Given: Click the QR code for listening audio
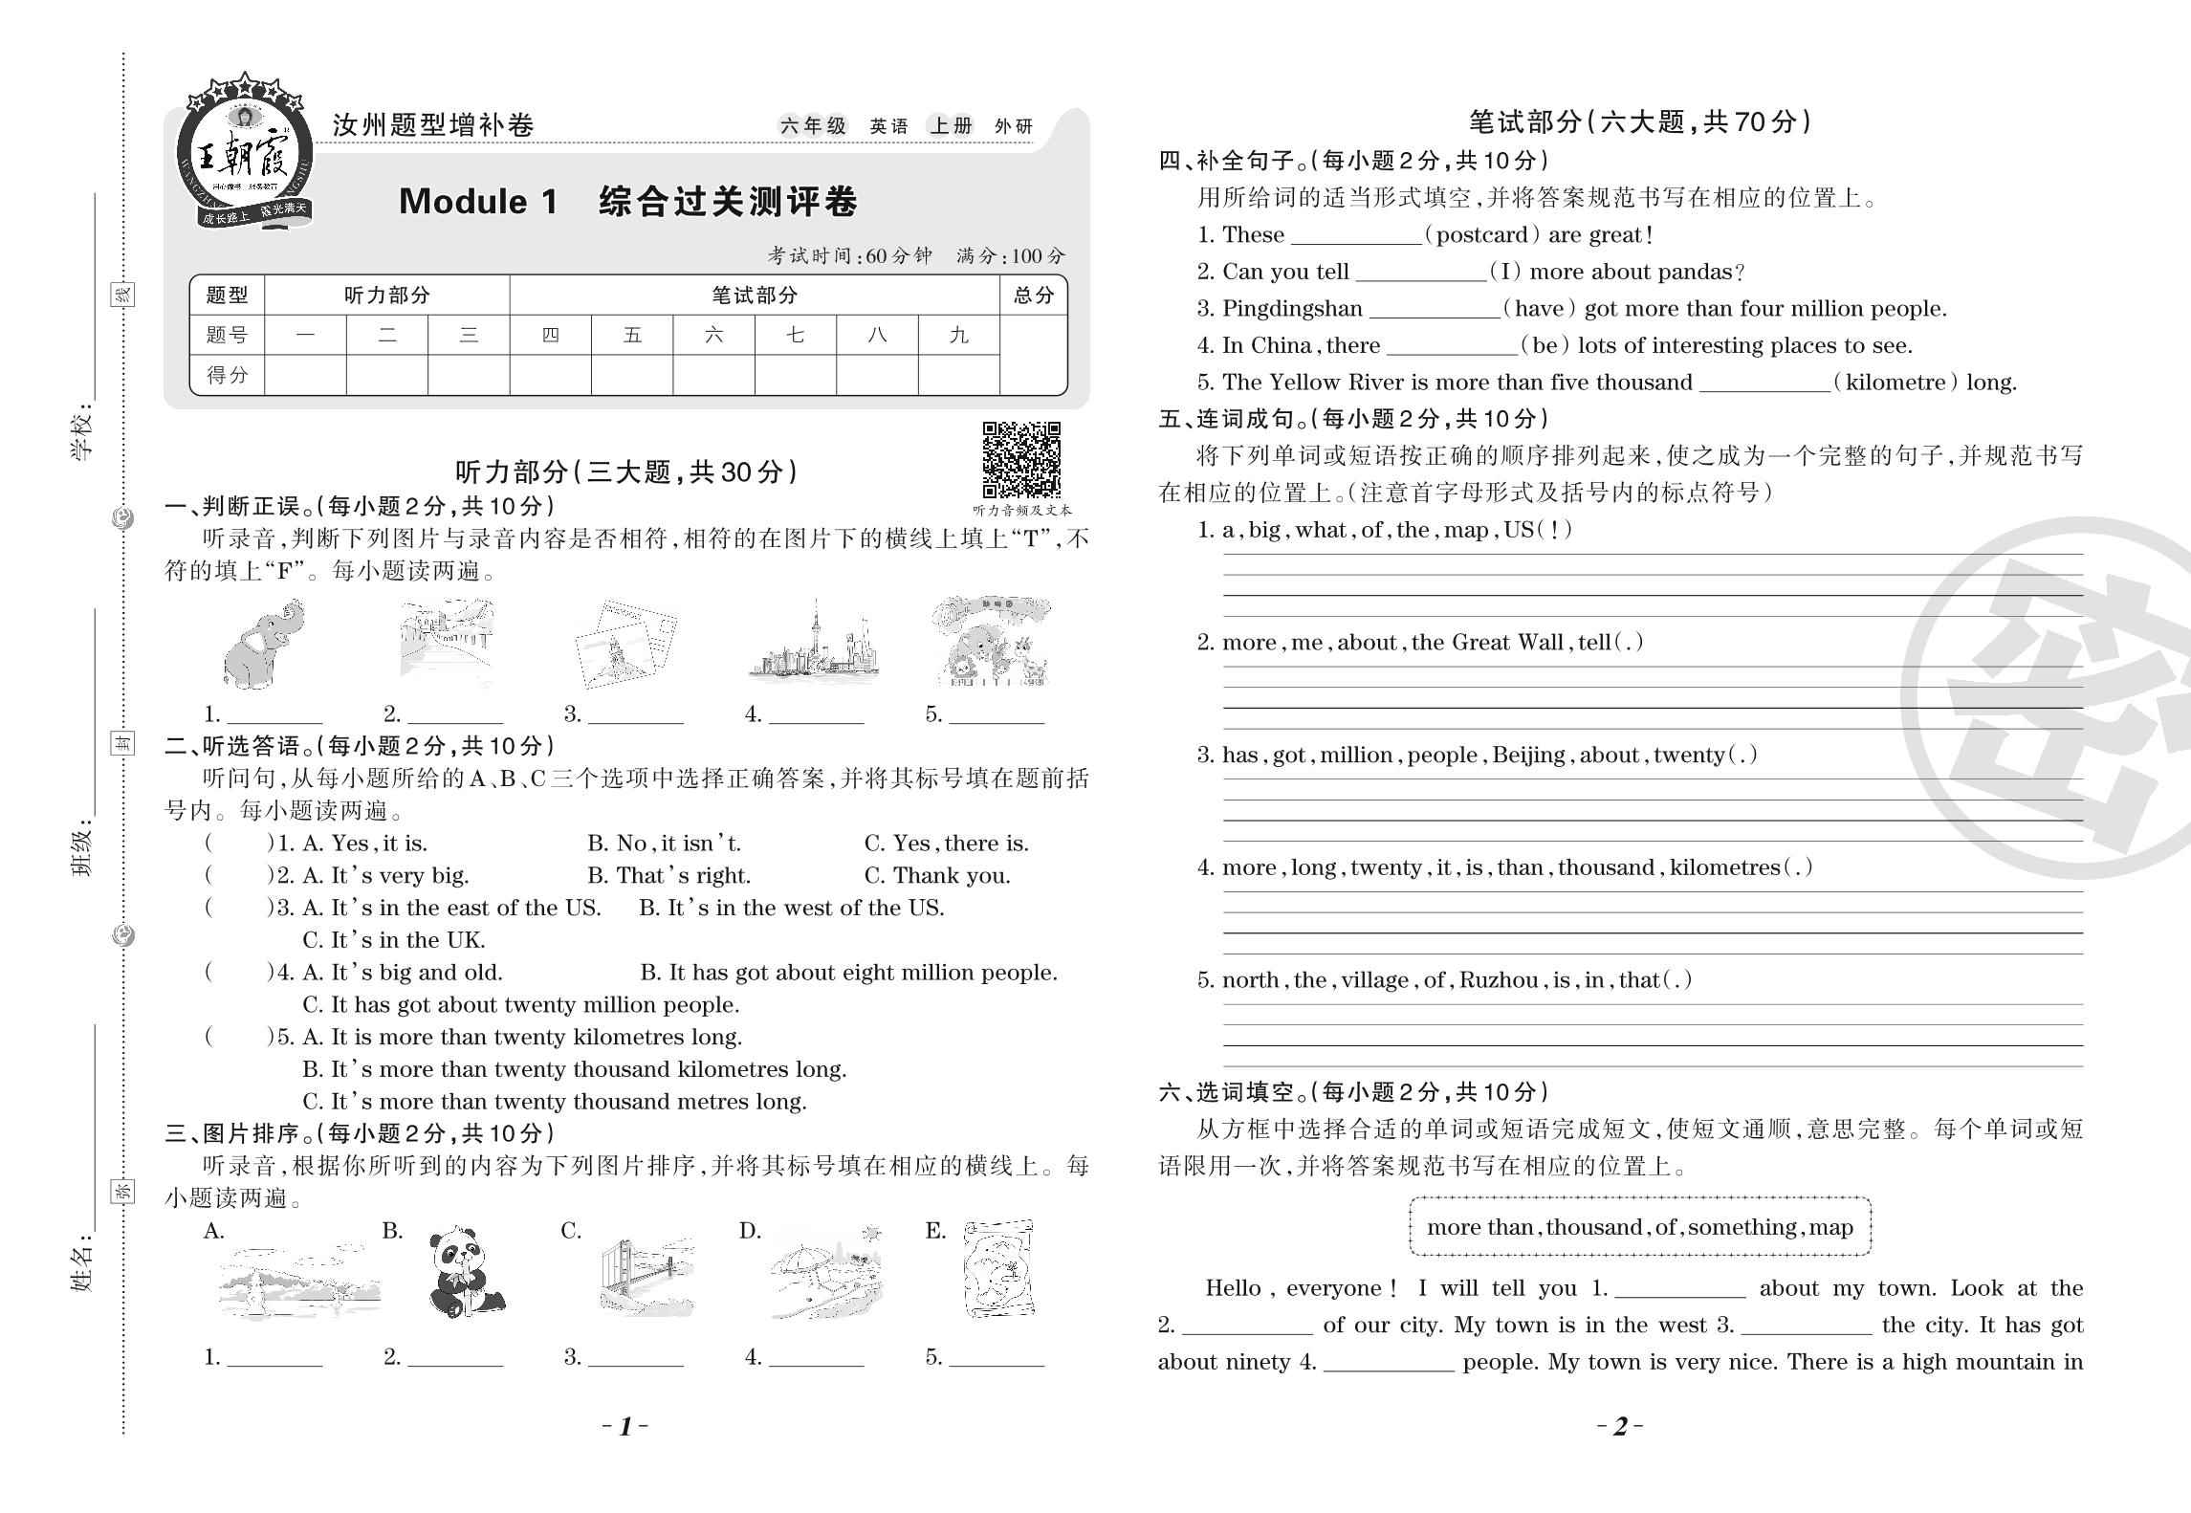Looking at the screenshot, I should click(x=1021, y=460).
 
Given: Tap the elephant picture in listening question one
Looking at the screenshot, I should click(x=263, y=644).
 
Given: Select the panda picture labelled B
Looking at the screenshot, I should click(x=464, y=1272).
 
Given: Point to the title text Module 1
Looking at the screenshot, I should click(x=477, y=202).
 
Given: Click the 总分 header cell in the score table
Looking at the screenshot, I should click(x=1033, y=296).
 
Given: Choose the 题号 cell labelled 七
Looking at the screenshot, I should click(x=795, y=336).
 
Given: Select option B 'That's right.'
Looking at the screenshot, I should click(x=668, y=876).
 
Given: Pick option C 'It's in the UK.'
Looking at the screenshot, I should click(x=394, y=940).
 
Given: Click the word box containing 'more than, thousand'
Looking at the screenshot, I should click(x=1639, y=1227).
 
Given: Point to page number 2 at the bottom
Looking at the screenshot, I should click(x=1620, y=1427).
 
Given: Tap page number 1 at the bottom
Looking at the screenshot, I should click(x=625, y=1427).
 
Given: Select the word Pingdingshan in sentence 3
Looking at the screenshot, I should click(x=1292, y=309).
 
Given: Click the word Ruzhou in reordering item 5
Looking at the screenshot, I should click(x=1498, y=980).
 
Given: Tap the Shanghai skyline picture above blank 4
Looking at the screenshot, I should click(x=813, y=644).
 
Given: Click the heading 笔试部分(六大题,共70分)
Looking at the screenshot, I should click(x=1638, y=122).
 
